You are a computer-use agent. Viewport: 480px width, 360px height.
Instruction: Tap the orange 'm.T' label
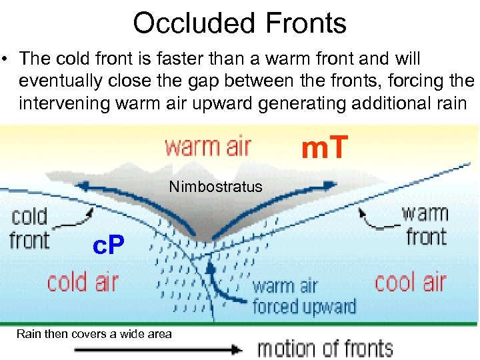pos(325,147)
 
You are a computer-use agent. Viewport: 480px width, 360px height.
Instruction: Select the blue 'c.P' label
pos(107,248)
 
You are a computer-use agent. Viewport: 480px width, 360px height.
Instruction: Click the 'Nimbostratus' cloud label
pos(215,187)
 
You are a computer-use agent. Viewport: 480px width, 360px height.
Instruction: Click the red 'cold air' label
pos(83,282)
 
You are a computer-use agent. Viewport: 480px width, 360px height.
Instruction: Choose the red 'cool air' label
pos(410,282)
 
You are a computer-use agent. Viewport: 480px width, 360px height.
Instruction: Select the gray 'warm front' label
pos(424,225)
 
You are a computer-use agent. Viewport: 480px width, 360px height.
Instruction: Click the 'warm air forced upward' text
pos(303,297)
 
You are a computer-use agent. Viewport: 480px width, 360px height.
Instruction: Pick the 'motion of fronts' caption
pos(325,348)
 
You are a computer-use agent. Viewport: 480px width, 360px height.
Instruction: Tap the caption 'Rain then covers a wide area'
pos(94,333)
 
